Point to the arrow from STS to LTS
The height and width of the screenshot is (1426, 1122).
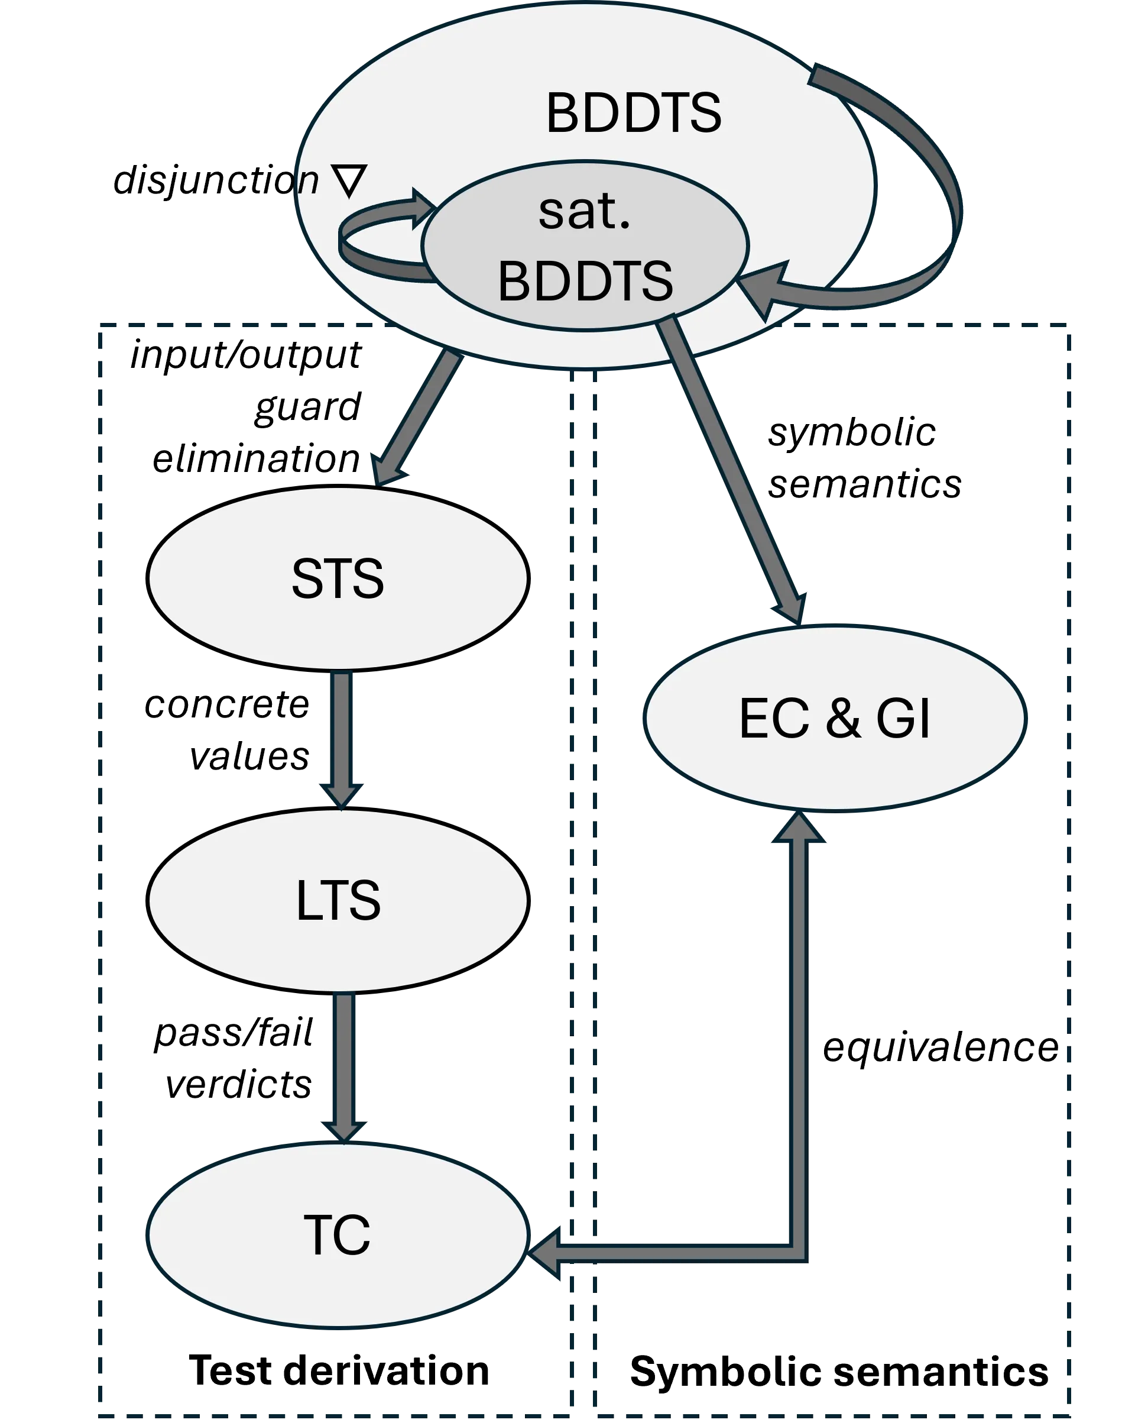pyautogui.click(x=341, y=736)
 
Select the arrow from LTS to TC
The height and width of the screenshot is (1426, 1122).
pyautogui.click(x=343, y=1065)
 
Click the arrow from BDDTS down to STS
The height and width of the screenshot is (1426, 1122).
pyautogui.click(x=417, y=418)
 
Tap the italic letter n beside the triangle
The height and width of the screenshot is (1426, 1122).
pyautogui.click(x=309, y=181)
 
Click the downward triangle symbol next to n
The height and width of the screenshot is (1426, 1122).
pyautogui.click(x=349, y=181)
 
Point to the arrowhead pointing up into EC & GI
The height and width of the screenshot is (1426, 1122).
pyautogui.click(x=798, y=828)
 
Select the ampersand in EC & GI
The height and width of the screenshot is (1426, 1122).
pyautogui.click(x=843, y=718)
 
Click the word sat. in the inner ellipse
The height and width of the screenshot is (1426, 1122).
pyautogui.click(x=584, y=212)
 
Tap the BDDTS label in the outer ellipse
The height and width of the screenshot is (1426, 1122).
pyautogui.click(x=634, y=113)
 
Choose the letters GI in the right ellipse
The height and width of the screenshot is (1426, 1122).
pyautogui.click(x=903, y=718)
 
